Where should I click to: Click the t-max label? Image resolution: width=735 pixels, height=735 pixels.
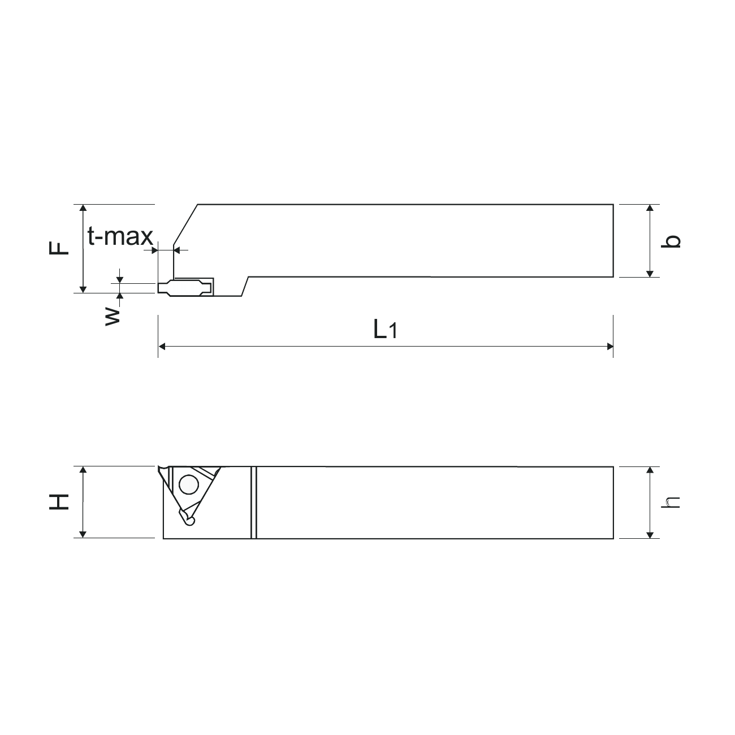click(x=120, y=236)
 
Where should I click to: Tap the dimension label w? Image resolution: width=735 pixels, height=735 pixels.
click(x=113, y=315)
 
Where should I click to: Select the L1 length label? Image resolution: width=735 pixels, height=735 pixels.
click(x=385, y=329)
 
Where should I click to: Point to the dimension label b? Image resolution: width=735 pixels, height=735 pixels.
click(x=672, y=241)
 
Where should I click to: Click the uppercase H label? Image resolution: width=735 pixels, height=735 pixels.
click(x=59, y=501)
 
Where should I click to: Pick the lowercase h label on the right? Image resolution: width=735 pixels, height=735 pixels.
click(x=671, y=502)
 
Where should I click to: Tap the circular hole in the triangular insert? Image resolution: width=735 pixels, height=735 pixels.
click(x=188, y=484)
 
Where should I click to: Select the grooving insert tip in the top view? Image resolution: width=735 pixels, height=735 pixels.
click(x=185, y=287)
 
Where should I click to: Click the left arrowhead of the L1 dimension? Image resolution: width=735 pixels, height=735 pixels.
click(x=162, y=346)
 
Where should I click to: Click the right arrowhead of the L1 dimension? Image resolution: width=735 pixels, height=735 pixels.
click(x=609, y=346)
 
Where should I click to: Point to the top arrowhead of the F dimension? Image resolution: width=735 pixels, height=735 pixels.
click(x=83, y=208)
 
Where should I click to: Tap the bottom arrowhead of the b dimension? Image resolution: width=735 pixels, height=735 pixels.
click(x=650, y=273)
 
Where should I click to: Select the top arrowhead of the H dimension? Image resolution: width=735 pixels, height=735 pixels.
click(x=83, y=470)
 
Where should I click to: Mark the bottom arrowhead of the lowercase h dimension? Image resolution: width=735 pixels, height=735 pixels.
click(x=650, y=534)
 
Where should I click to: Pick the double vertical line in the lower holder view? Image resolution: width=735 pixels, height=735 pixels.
click(x=254, y=502)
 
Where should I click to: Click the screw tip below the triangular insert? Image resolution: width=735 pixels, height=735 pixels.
click(x=188, y=518)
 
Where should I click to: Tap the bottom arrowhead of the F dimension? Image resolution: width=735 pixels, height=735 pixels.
click(x=83, y=289)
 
